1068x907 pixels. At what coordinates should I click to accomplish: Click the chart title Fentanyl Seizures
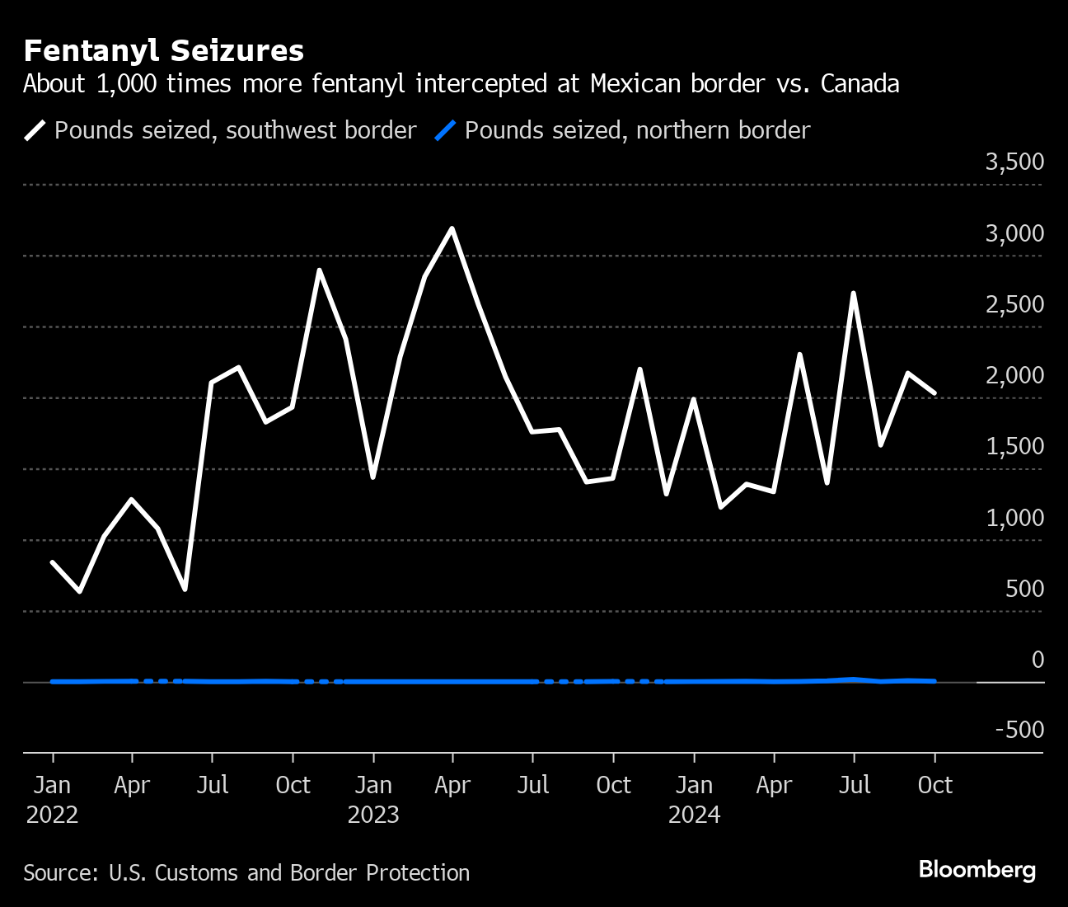(x=164, y=51)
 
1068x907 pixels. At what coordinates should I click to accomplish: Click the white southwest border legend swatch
(x=35, y=130)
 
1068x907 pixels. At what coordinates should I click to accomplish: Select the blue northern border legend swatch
(x=445, y=130)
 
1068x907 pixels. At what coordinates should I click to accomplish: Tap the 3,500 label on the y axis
(x=1014, y=162)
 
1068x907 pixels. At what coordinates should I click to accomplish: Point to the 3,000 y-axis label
(x=1014, y=233)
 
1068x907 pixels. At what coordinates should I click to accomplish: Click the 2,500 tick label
(x=1014, y=304)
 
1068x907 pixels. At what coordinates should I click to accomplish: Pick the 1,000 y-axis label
(x=1014, y=518)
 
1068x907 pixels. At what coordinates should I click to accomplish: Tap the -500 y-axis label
(x=1019, y=730)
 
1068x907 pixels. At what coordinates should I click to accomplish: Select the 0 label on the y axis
(x=1038, y=660)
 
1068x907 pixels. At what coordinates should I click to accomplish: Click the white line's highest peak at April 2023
(x=452, y=228)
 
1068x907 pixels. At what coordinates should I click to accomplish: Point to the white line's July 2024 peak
(x=854, y=293)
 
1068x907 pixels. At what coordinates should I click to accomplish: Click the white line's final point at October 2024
(x=934, y=393)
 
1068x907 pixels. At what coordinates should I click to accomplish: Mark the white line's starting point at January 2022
(x=53, y=562)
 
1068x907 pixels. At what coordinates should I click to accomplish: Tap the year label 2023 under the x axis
(x=373, y=815)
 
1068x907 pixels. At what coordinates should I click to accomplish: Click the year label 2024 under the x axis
(x=694, y=815)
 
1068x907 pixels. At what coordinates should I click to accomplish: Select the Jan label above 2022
(x=53, y=785)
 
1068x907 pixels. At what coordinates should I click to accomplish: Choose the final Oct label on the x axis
(x=934, y=785)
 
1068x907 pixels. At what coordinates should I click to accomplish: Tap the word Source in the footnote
(x=59, y=873)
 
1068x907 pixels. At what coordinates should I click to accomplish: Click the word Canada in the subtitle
(x=860, y=84)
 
